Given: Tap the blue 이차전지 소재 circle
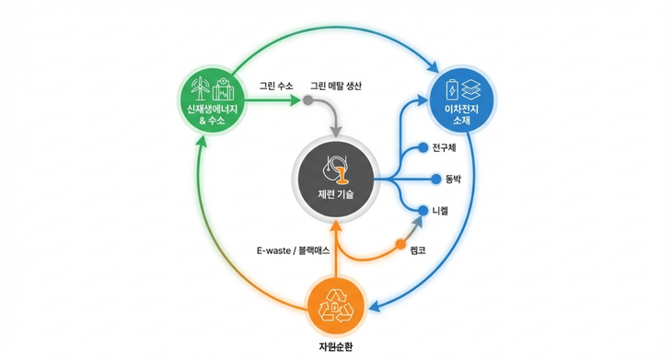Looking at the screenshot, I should pos(464,100).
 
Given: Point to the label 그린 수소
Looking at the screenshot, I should pos(275,86).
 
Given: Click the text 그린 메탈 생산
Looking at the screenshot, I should pos(337,86).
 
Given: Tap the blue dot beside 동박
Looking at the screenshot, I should pos(423,179).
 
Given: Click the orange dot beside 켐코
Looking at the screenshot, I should pos(400,245).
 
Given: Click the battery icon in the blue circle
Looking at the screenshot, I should pos(452,90).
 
